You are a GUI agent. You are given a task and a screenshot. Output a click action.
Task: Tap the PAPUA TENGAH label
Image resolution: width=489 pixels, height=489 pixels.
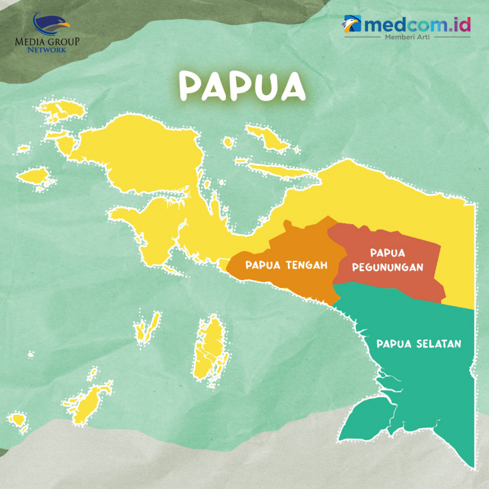pyautogui.click(x=287, y=265)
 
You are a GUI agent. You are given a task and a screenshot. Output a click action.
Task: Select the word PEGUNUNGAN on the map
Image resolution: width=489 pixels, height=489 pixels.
pyautogui.click(x=388, y=267)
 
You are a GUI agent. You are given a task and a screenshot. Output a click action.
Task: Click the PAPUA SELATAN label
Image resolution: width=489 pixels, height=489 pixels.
pyautogui.click(x=419, y=344)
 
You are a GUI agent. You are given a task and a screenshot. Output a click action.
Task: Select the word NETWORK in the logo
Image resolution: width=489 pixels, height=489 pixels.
pyautogui.click(x=47, y=49)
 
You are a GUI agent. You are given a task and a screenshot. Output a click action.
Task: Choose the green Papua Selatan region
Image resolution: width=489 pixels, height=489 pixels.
pyautogui.click(x=430, y=382)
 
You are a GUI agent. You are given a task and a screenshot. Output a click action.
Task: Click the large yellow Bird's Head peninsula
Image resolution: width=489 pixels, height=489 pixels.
pyautogui.click(x=143, y=153)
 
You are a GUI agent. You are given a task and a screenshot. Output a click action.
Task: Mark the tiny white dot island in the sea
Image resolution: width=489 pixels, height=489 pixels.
pyautogui.click(x=31, y=354)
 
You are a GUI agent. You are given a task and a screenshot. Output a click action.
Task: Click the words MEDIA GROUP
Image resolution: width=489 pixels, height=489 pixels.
pyautogui.click(x=47, y=41)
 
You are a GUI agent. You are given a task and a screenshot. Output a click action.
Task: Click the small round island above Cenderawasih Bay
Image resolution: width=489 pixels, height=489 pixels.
pyautogui.click(x=229, y=142)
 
